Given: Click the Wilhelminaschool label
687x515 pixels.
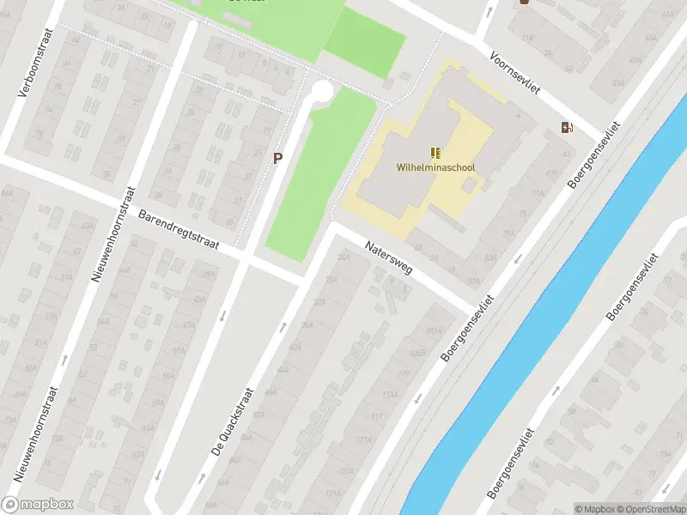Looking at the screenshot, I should [435, 167].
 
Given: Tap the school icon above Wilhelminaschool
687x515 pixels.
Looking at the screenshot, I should [435, 153].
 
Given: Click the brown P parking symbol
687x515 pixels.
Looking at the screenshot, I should [277, 158].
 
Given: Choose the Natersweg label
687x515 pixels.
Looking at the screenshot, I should [389, 257].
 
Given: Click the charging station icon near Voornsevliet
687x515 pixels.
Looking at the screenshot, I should [566, 128].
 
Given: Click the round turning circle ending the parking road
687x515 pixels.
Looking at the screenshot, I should [321, 89].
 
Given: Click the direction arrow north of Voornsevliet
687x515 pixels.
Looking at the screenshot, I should [488, 12].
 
